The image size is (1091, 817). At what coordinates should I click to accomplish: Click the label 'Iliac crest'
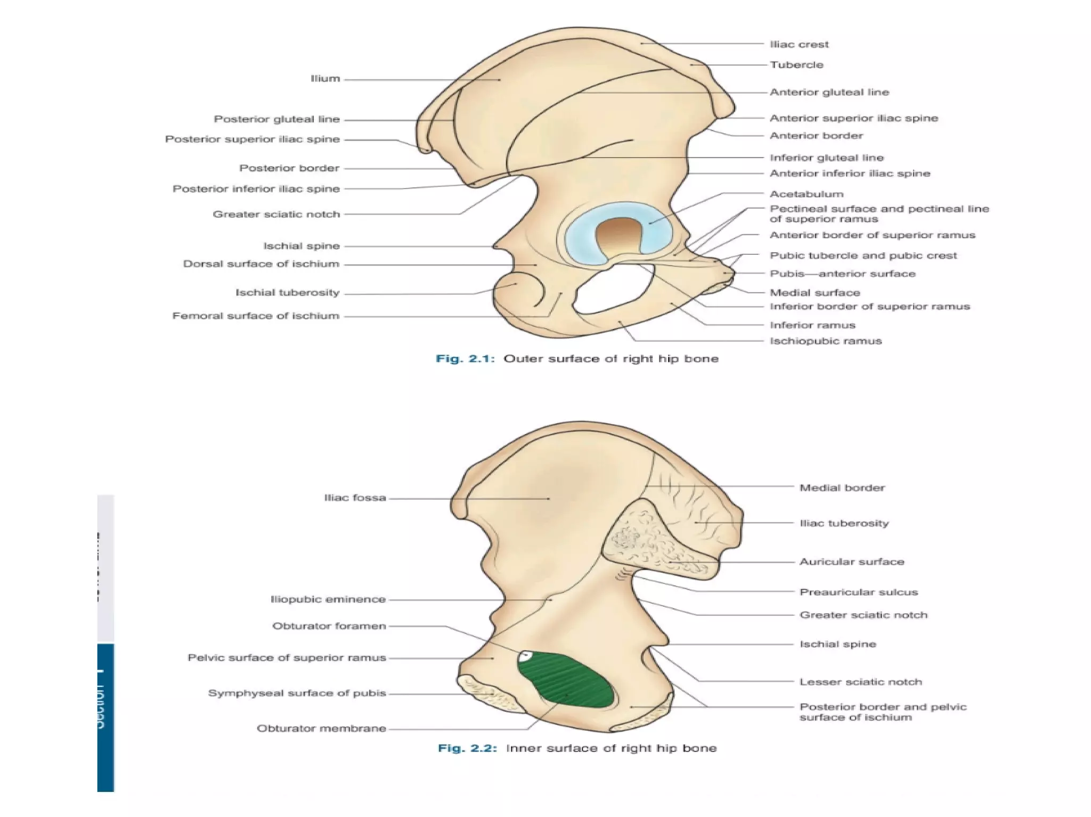click(x=799, y=45)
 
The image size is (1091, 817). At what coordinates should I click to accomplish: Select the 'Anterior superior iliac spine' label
click(x=853, y=118)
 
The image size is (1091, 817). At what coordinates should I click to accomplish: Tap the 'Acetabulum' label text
click(x=807, y=194)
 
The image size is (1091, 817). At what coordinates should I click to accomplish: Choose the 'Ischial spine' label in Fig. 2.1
click(x=301, y=246)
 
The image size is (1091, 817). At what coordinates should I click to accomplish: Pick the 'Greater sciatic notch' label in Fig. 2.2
click(x=863, y=615)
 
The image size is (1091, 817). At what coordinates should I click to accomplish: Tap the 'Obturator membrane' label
click(x=321, y=728)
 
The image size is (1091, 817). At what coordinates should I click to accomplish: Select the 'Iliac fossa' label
click(x=355, y=498)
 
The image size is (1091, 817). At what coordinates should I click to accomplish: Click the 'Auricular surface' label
click(x=851, y=562)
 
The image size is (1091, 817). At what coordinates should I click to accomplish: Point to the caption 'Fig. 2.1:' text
click(x=465, y=359)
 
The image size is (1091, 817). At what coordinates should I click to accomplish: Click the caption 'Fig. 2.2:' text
click(x=467, y=748)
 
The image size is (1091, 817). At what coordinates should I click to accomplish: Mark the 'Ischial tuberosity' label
click(x=287, y=293)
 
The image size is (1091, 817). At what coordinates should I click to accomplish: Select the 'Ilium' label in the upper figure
click(x=325, y=79)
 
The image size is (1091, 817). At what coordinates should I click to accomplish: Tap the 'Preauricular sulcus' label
click(x=858, y=592)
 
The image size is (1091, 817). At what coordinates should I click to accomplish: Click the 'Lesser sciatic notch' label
click(x=860, y=682)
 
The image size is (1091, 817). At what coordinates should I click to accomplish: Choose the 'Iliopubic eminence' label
click(x=328, y=599)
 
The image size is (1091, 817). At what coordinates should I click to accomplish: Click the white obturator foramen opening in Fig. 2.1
click(x=607, y=293)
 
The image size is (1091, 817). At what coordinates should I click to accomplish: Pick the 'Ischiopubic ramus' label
click(x=826, y=341)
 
